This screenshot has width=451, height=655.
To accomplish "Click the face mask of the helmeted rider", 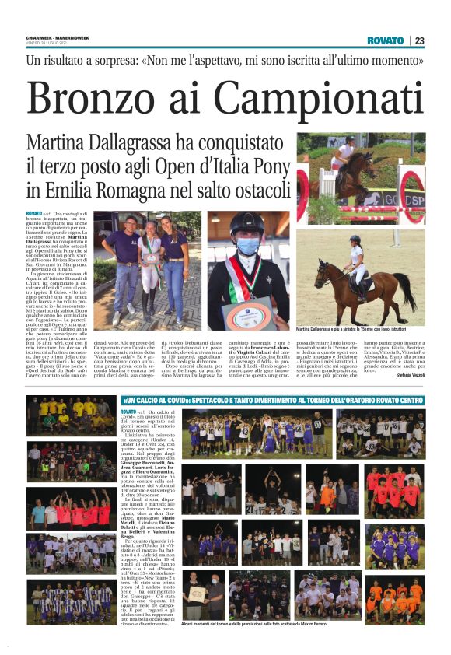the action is (245, 246).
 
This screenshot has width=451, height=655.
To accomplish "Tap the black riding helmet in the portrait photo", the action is (244, 225).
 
